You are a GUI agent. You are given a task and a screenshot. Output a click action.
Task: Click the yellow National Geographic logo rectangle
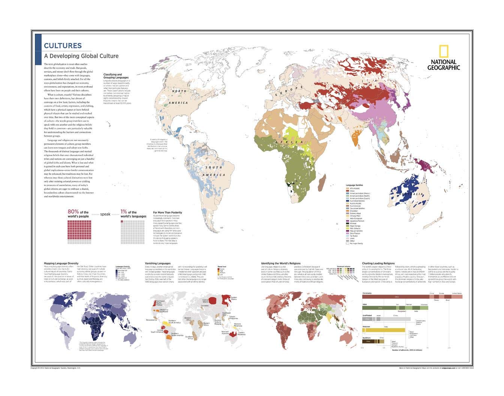pyautogui.click(x=444, y=51)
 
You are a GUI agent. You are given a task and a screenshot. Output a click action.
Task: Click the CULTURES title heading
pyautogui.click(x=63, y=46)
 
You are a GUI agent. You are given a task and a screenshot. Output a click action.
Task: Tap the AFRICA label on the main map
pyautogui.click(x=288, y=142)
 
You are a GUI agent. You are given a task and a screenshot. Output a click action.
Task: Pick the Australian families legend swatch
pyautogui.click(x=347, y=201)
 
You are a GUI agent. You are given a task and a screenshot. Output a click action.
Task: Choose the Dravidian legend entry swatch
pyautogui.click(x=347, y=211)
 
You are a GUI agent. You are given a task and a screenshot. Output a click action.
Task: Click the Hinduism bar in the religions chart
pyautogui.click(x=384, y=330)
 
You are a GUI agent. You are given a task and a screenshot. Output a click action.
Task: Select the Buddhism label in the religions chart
pyautogui.click(x=366, y=338)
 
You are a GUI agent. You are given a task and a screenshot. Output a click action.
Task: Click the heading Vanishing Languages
pyautogui.click(x=157, y=263)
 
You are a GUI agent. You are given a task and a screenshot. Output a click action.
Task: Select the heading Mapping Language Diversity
pyautogui.click(x=61, y=263)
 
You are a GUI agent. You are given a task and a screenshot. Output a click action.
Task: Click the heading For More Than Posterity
pyautogui.click(x=168, y=213)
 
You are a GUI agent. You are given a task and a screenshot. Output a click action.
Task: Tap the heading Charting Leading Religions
pyautogui.click(x=378, y=263)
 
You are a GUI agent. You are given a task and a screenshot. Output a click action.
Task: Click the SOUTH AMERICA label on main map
pyautogui.click(x=214, y=171)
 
